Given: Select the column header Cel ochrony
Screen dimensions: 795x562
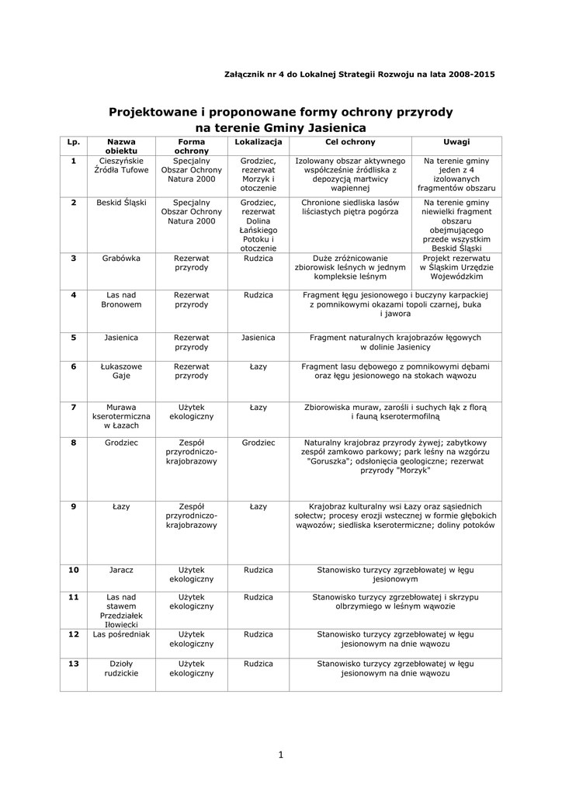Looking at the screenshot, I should point(349,142).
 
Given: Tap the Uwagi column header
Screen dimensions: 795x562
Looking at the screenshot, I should point(456,142).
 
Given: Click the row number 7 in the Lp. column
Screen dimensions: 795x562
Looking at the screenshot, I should point(74,407).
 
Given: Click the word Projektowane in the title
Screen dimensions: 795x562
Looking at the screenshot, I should point(151,112).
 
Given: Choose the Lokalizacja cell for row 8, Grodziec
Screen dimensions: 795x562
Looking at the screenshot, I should point(258,443).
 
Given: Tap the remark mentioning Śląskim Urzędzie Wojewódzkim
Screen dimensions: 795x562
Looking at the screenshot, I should point(456,266).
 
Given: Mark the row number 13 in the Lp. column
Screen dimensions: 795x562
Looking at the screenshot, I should point(74,664).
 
